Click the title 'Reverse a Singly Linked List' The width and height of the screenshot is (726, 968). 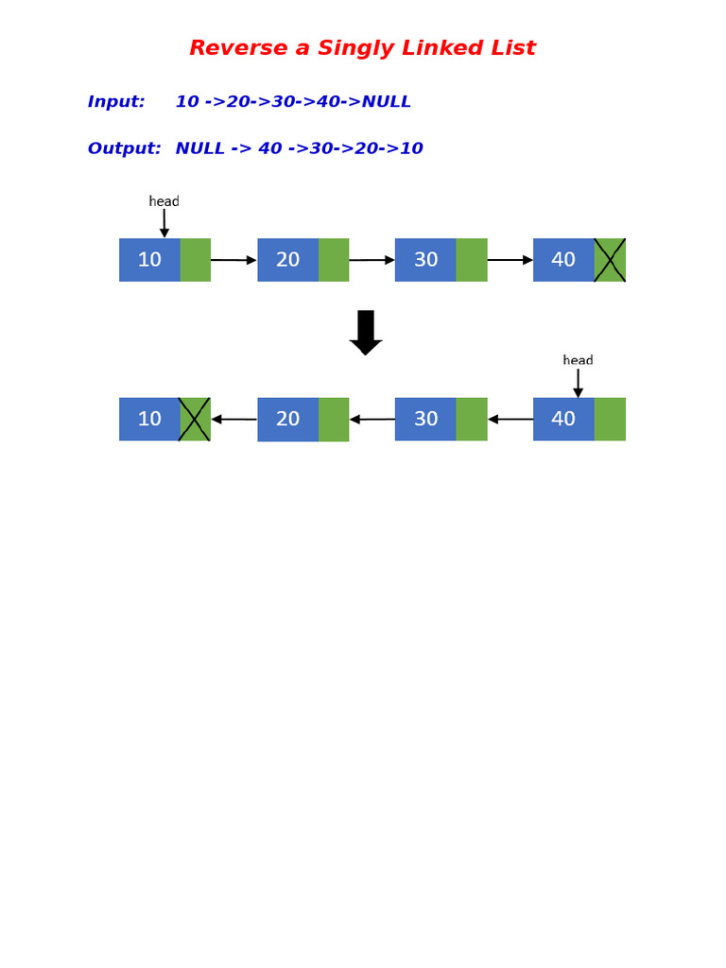click(362, 48)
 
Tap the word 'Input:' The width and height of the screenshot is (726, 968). click(116, 102)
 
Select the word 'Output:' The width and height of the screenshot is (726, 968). click(124, 148)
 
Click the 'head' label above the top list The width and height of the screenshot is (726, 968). click(164, 201)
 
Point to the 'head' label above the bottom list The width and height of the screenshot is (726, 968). click(578, 360)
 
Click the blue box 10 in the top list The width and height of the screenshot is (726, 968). click(149, 260)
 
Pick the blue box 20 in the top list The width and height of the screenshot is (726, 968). click(288, 260)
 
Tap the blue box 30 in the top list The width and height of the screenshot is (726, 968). click(425, 260)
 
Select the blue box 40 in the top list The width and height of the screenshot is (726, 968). click(563, 260)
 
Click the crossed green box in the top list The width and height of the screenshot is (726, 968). click(610, 260)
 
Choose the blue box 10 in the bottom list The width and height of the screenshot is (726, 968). click(149, 419)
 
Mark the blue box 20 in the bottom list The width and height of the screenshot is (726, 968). click(288, 419)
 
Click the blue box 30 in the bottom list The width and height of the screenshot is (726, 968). click(425, 419)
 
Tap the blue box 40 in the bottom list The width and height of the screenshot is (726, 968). click(563, 419)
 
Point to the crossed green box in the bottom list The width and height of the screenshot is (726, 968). click(195, 419)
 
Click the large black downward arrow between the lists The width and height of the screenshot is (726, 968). click(366, 332)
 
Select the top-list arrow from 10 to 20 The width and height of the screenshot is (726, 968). click(233, 260)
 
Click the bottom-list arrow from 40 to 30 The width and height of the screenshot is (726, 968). click(510, 419)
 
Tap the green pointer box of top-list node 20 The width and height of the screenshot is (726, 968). click(334, 260)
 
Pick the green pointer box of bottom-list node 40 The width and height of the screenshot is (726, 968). click(610, 419)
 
